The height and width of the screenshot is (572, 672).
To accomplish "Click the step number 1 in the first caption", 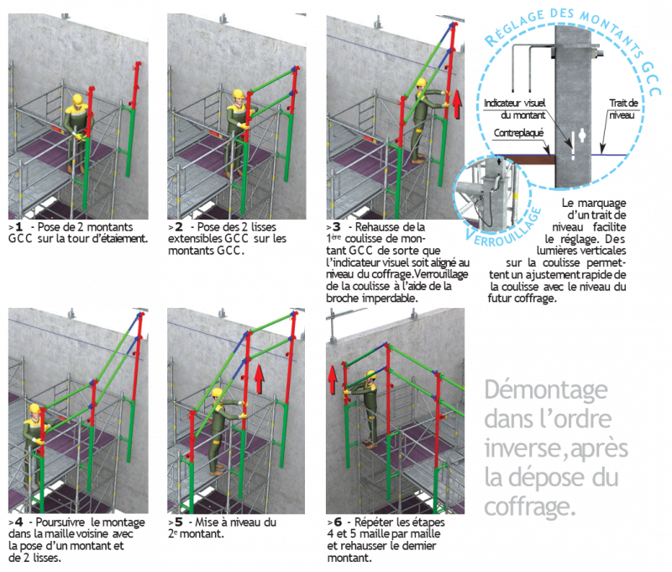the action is click(18, 226).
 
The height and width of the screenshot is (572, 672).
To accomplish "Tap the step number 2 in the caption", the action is click(178, 226).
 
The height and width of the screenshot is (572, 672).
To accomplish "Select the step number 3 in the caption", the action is click(337, 226).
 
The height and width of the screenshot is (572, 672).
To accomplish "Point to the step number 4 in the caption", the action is click(18, 522).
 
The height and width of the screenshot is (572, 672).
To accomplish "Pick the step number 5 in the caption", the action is click(178, 522).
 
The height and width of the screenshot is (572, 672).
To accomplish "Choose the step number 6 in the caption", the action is click(338, 522).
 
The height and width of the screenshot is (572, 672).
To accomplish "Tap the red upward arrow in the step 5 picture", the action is click(259, 379).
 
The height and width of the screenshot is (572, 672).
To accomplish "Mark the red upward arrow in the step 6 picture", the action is click(332, 379).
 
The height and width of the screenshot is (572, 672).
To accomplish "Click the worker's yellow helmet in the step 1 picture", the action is click(77, 99).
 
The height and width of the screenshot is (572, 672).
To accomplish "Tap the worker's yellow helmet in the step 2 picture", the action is click(238, 94).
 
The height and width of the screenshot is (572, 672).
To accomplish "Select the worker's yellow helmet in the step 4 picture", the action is click(34, 408).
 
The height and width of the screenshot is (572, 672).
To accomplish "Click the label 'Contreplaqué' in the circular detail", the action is click(518, 133).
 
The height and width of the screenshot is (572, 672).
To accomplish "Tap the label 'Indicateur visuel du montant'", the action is click(515, 109).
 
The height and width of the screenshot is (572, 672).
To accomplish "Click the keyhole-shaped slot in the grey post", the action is click(582, 136).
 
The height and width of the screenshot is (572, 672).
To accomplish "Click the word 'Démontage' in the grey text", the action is click(546, 389).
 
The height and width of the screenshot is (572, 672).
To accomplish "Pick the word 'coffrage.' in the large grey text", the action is click(530, 506).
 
